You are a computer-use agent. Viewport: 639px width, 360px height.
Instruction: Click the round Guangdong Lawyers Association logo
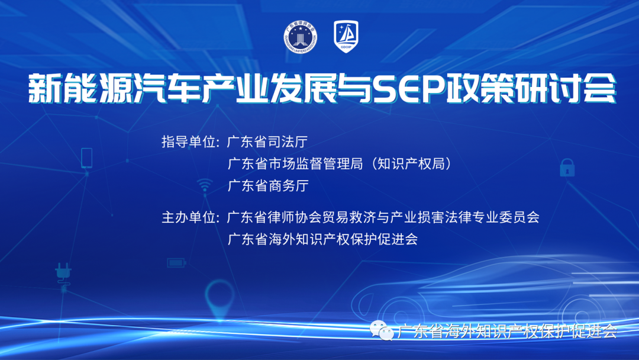[x=301, y=37]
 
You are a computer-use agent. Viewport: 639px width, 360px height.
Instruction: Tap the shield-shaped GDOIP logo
[x=346, y=36]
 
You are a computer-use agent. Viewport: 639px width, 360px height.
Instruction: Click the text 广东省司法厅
[x=267, y=142]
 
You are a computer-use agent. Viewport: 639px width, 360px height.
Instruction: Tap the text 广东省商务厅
[x=268, y=186]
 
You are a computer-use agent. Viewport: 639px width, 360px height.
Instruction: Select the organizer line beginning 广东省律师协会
[x=383, y=217]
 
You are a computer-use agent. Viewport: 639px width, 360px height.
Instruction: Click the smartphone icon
[x=86, y=157]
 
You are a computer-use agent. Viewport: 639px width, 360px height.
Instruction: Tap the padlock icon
[x=567, y=167]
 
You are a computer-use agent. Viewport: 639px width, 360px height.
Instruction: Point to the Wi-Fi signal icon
[x=205, y=185]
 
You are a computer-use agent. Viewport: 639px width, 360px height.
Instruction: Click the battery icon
[x=176, y=263]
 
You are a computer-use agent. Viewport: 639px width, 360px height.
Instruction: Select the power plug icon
[x=63, y=273]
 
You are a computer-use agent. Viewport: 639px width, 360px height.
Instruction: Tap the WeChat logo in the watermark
[x=381, y=330]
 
